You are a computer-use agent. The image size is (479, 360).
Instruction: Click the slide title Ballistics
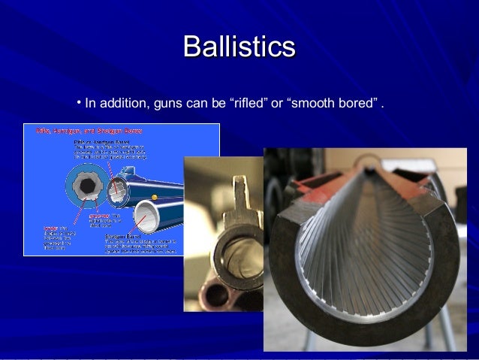pyautogui.click(x=239, y=46)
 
